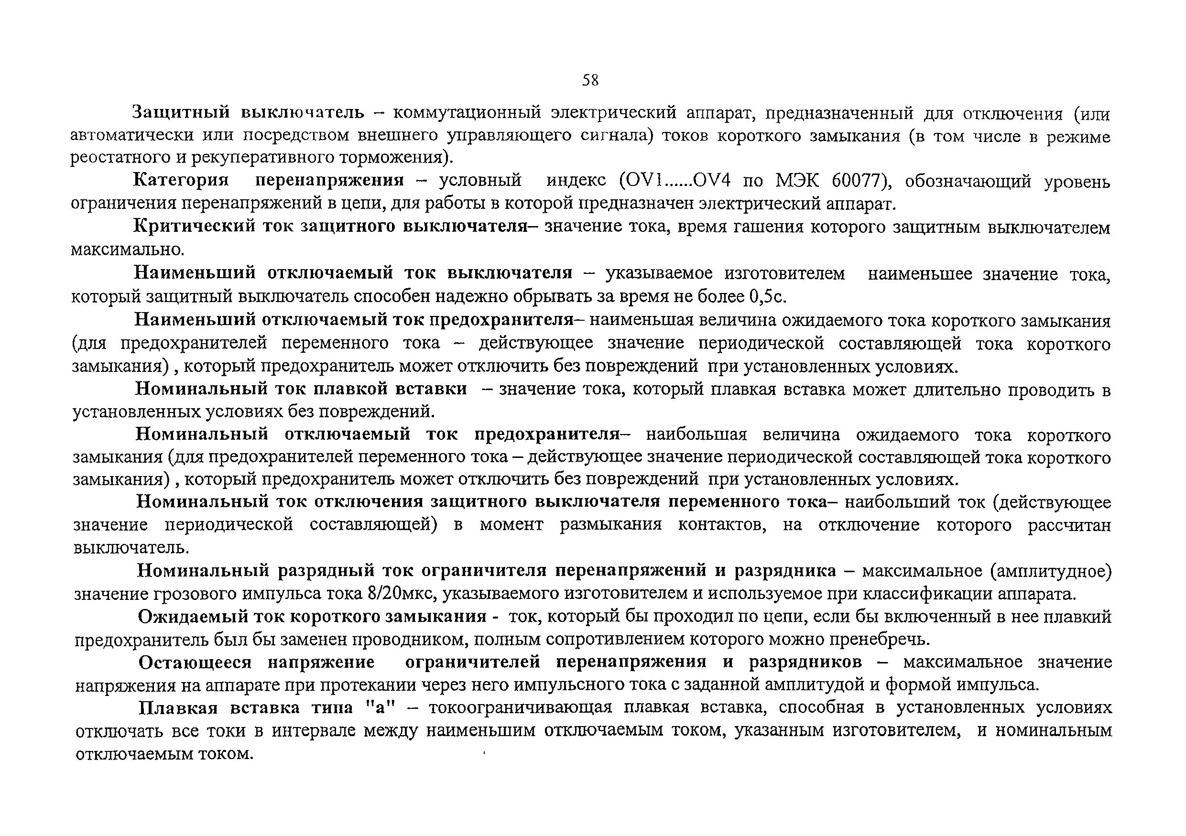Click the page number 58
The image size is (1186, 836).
tap(590, 80)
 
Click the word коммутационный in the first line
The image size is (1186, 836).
tap(467, 113)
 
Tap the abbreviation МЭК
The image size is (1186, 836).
tap(797, 181)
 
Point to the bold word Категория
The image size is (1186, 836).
tap(181, 180)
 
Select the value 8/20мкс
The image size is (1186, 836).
tap(403, 594)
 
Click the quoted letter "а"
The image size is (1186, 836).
tap(380, 707)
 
